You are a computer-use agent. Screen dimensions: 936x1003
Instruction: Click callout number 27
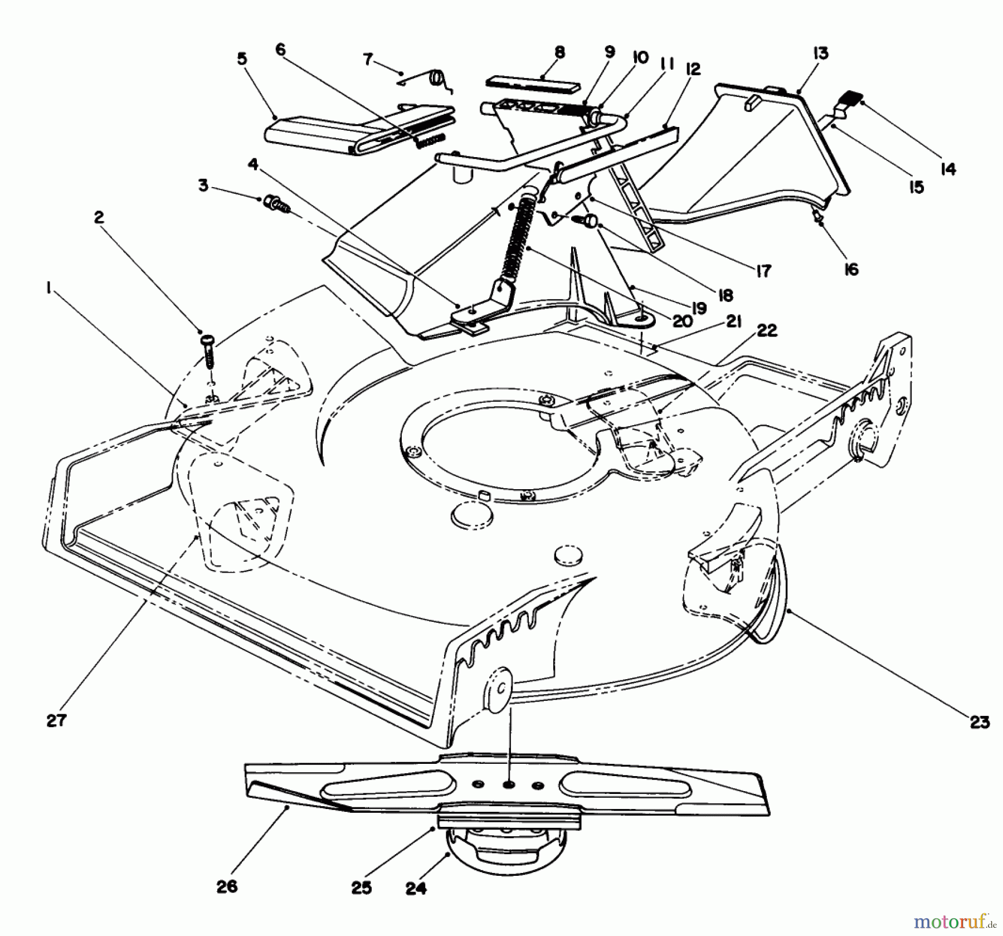tap(56, 720)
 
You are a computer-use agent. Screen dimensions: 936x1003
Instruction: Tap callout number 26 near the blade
tap(227, 886)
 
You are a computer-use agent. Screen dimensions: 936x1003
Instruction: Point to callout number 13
tap(820, 53)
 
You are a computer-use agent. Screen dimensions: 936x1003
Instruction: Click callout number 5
tap(241, 59)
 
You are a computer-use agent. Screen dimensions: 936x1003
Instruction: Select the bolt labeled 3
tap(276, 203)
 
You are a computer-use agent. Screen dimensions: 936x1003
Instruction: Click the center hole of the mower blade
tap(508, 784)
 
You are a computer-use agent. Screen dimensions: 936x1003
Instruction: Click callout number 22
tap(767, 331)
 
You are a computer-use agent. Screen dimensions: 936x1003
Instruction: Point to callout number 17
tap(763, 271)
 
